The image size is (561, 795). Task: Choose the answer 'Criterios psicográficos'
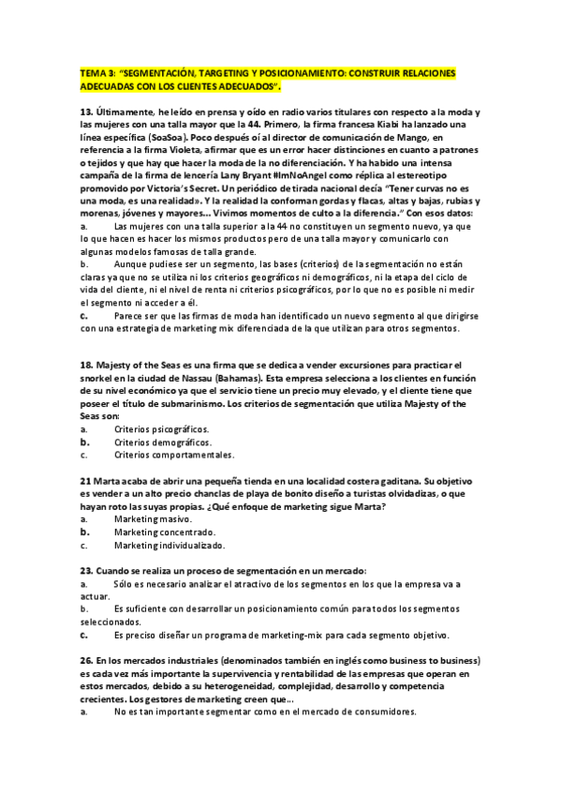point(161,427)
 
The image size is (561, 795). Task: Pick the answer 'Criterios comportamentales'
point(174,455)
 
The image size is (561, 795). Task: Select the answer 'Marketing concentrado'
point(165,532)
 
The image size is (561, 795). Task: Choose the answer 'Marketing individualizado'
point(170,545)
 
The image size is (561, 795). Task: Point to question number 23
point(86,571)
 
